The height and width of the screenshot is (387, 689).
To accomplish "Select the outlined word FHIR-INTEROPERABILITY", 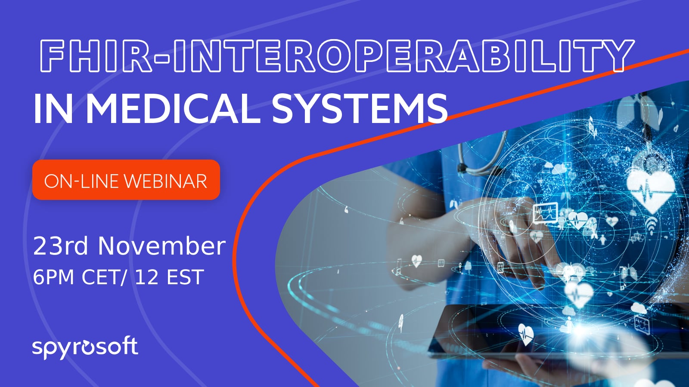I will tap(336, 56).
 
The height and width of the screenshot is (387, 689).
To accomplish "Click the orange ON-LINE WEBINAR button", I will tap(126, 180).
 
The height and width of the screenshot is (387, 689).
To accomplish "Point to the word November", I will tap(161, 246).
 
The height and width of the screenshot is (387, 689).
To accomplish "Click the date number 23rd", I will tap(60, 246).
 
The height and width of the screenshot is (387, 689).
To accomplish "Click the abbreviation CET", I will tap(101, 277).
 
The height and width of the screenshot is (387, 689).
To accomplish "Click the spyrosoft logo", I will tap(85, 347).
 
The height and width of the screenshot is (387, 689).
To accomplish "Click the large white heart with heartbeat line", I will tap(651, 189).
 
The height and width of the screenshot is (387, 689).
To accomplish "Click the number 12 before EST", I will tap(147, 277).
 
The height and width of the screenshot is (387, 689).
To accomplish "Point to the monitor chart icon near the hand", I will tap(545, 213).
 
